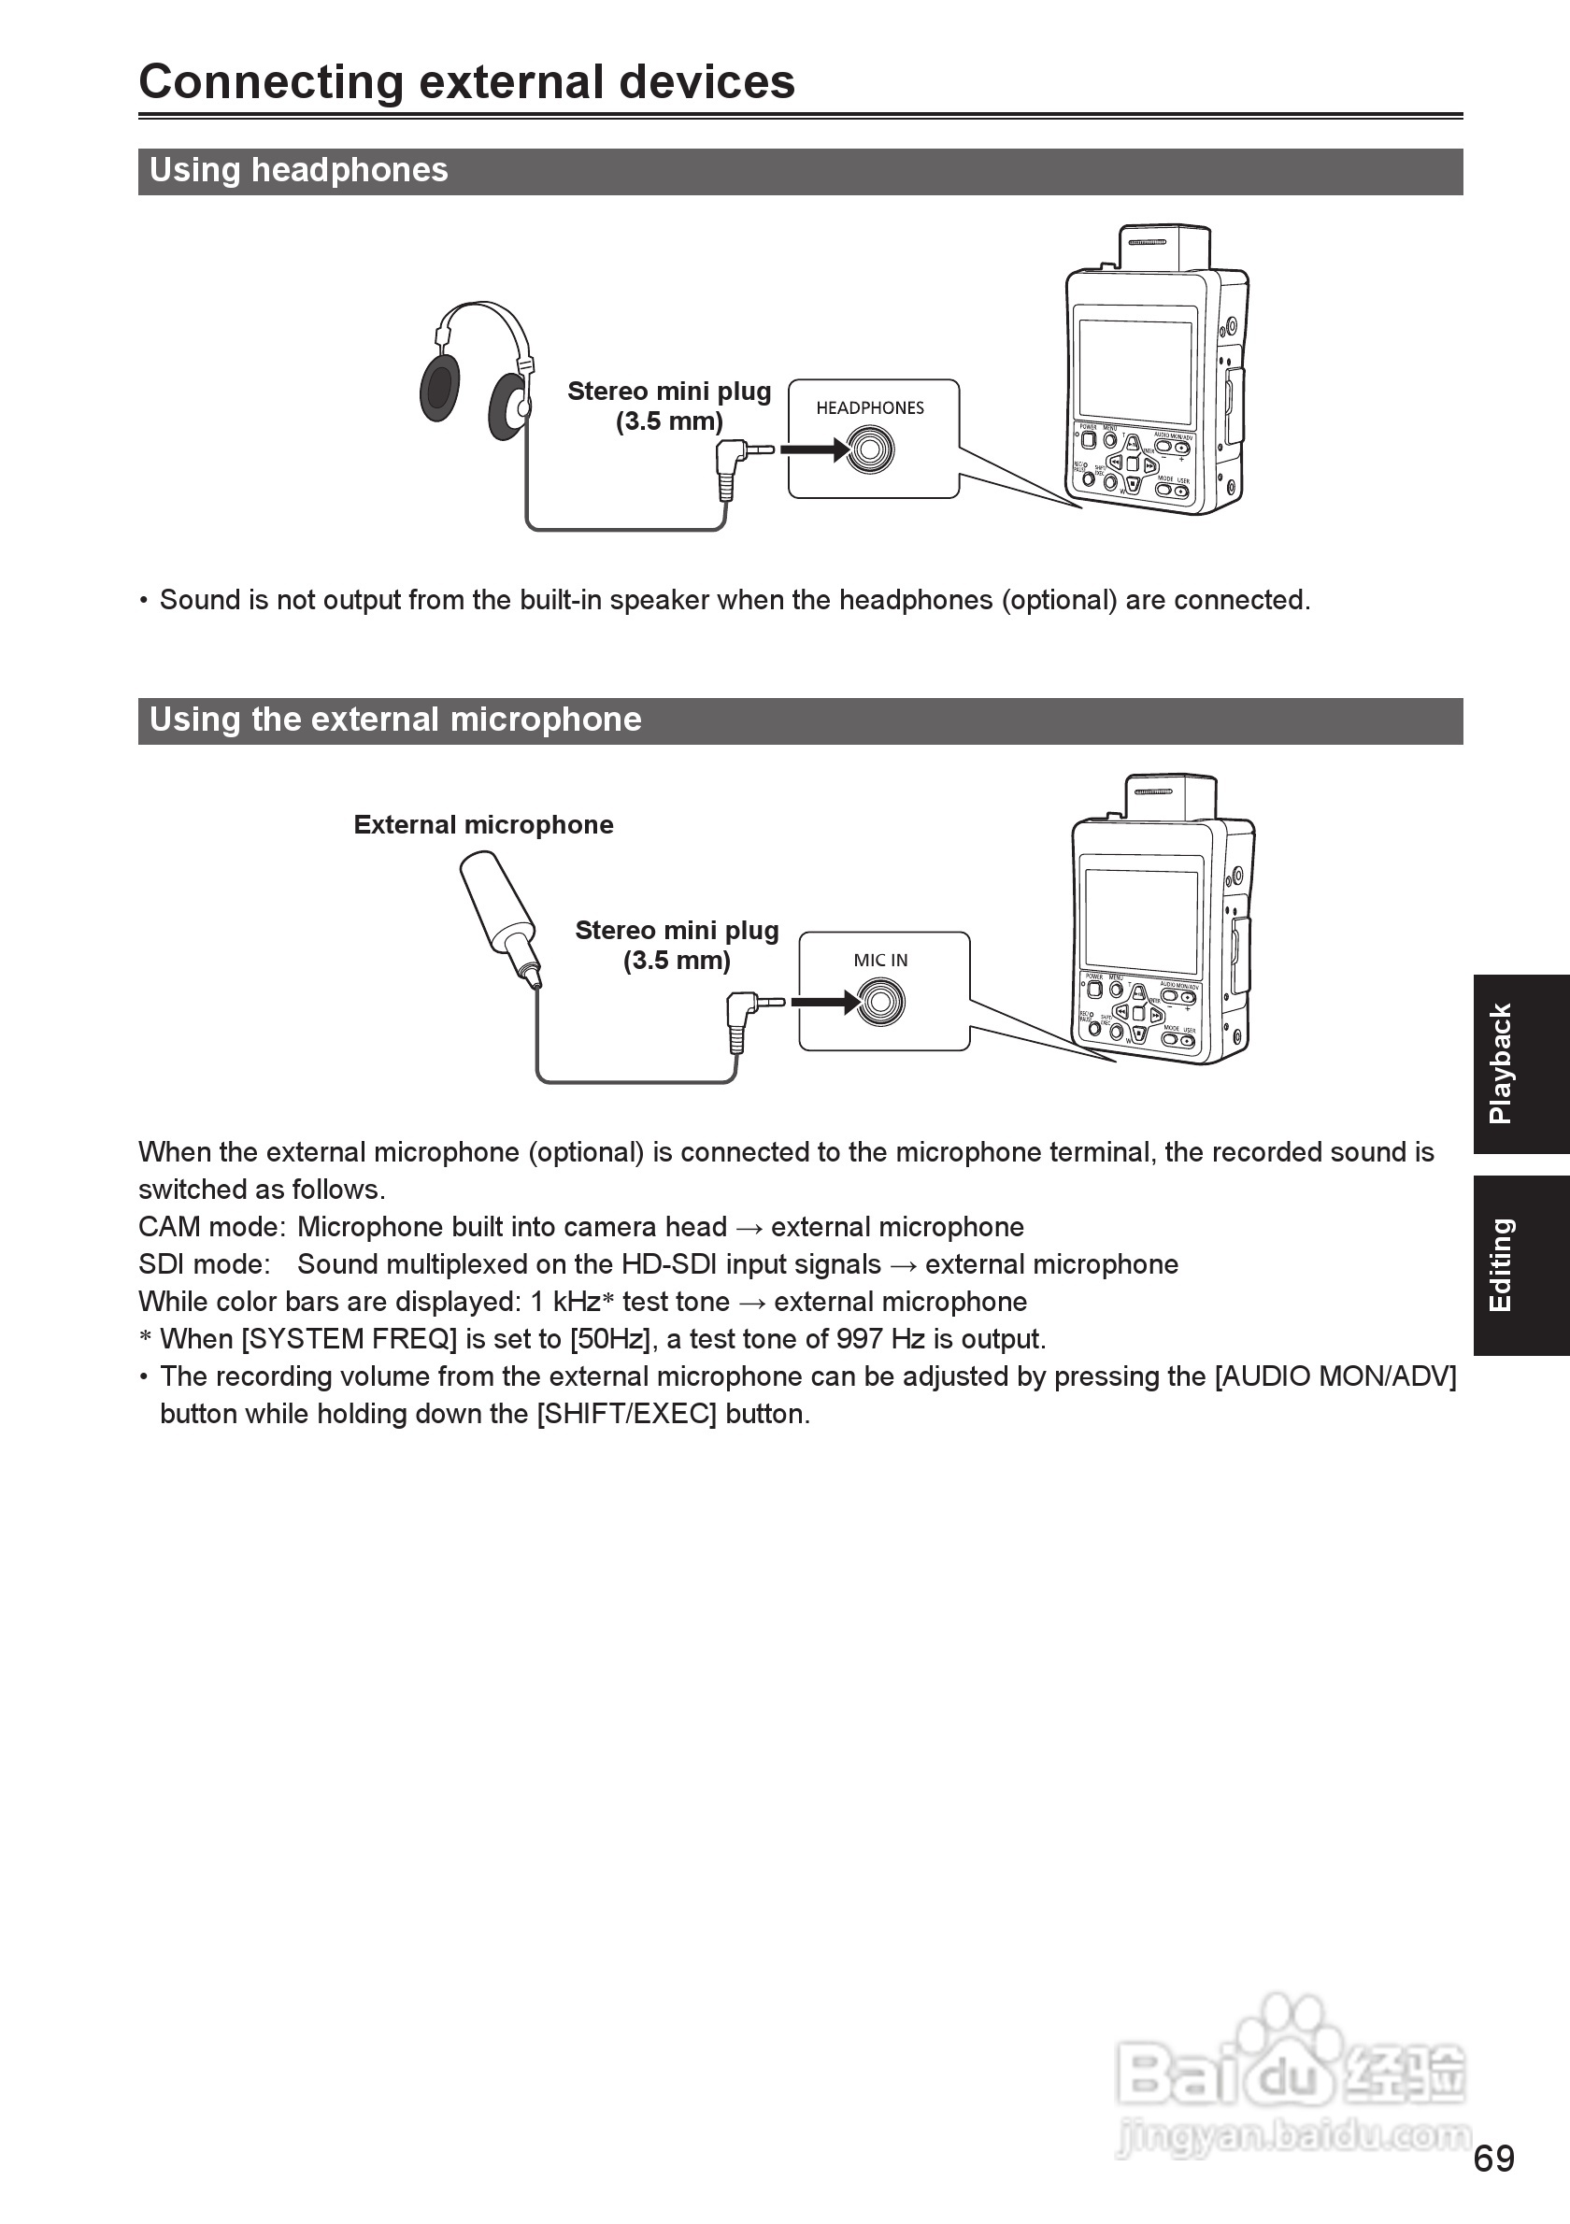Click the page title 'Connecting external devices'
point(467,82)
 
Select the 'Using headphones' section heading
point(298,170)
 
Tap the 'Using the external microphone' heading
point(395,720)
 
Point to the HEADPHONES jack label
point(870,407)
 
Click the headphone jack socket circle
point(870,450)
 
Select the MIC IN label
point(880,960)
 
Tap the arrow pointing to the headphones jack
point(814,449)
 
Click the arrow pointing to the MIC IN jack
point(824,1002)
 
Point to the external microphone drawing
point(499,916)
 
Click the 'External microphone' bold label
point(483,825)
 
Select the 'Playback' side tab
point(1520,1063)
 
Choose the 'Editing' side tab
point(1520,1265)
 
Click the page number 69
point(1493,2160)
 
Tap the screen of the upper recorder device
point(1135,372)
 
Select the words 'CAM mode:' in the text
point(211,1227)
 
